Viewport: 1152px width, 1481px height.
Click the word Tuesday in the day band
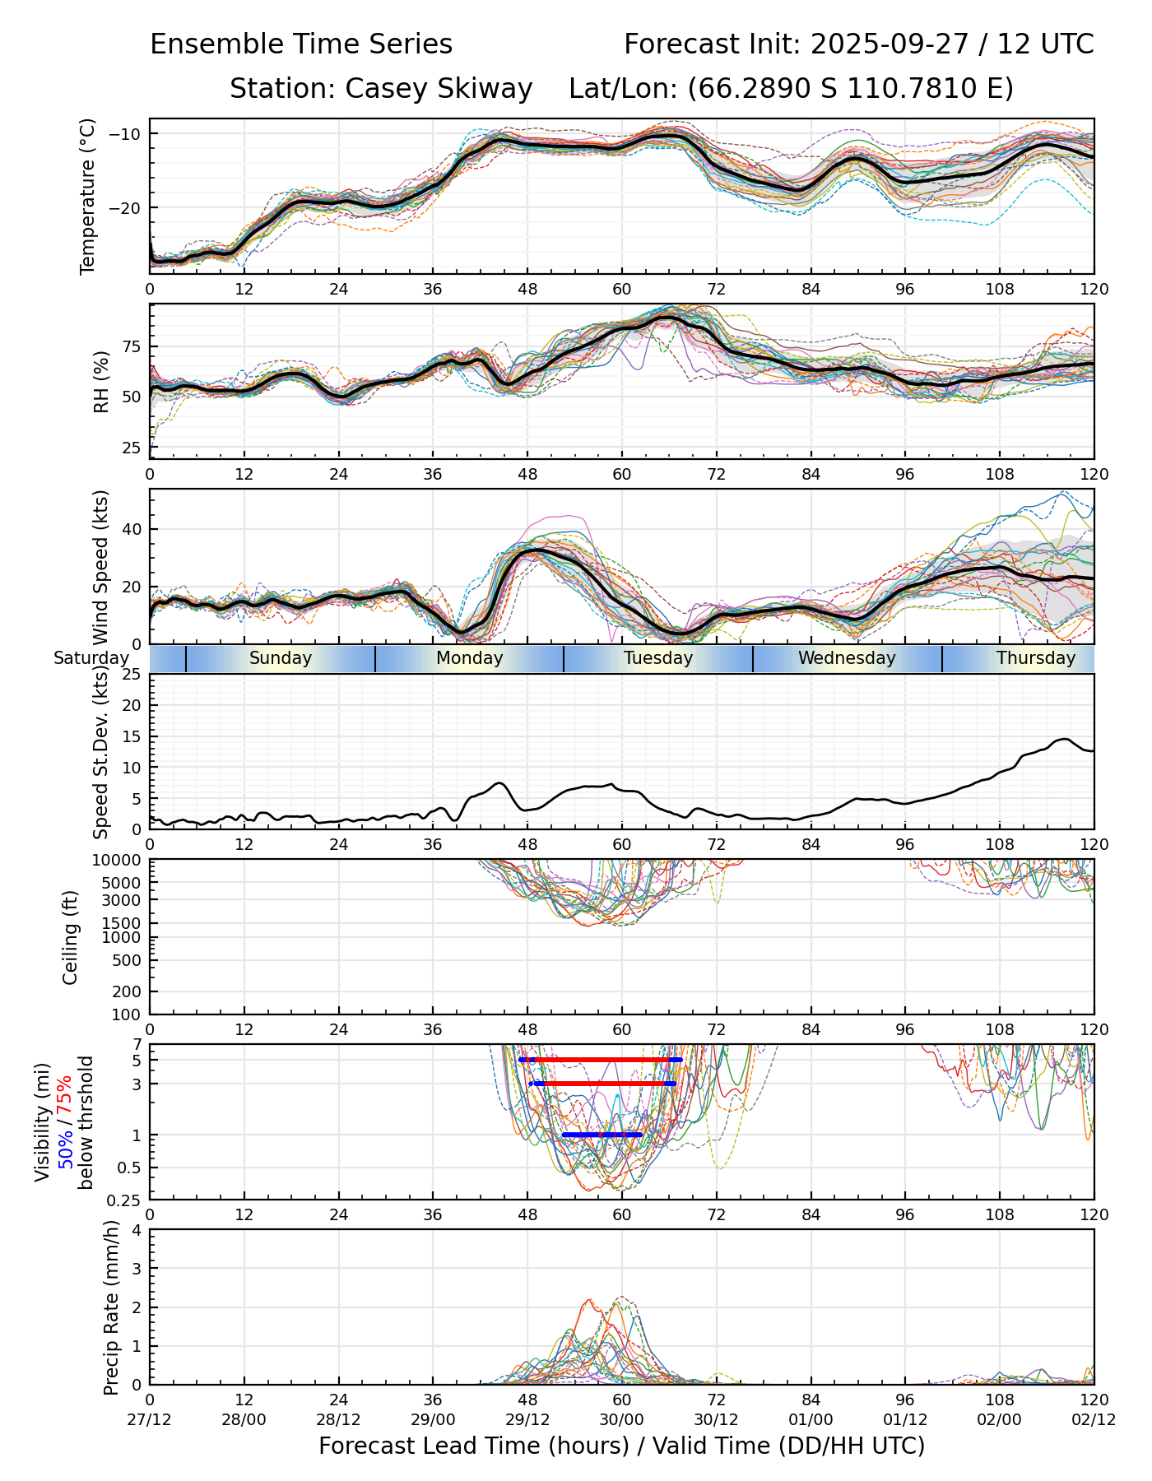point(658,658)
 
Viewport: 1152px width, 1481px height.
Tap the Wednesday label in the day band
point(847,658)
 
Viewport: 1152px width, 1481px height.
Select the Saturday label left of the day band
point(91,658)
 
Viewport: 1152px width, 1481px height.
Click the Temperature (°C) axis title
point(88,196)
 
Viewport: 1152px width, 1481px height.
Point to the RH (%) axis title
point(101,381)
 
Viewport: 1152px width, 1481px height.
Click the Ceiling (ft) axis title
point(71,937)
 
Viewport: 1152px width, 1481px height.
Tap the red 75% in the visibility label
point(64,1095)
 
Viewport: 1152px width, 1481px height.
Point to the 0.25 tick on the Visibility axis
point(125,1199)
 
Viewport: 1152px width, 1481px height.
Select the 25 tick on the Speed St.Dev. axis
point(132,675)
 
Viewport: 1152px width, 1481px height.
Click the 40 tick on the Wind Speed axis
point(132,529)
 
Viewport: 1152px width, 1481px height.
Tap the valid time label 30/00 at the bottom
point(622,1419)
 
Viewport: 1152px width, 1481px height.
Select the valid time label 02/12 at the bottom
point(1094,1419)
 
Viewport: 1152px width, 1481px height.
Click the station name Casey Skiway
point(439,89)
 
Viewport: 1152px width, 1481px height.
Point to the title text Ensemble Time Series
point(301,44)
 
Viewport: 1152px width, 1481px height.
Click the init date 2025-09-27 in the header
point(891,44)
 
